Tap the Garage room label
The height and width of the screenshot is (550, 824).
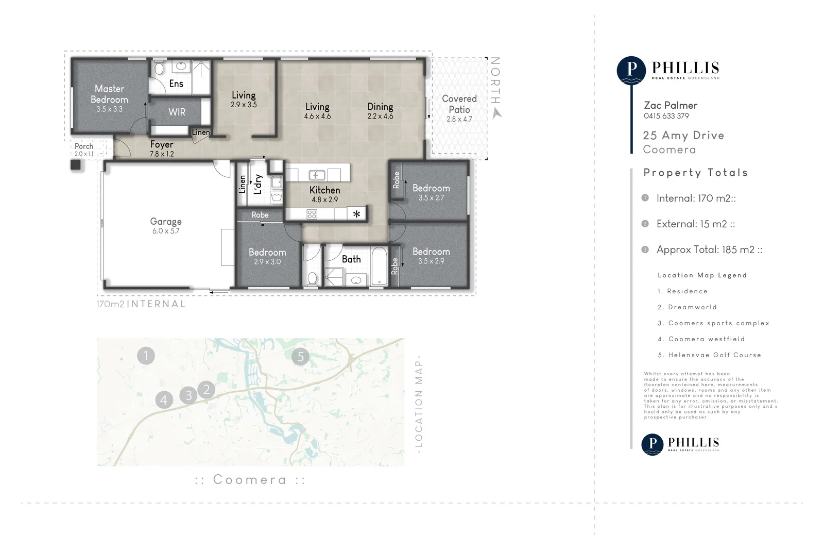(x=166, y=222)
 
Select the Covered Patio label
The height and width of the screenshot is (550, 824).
(x=459, y=104)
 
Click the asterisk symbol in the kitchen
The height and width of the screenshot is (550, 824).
(x=356, y=214)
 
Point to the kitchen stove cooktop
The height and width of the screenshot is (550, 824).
(x=312, y=214)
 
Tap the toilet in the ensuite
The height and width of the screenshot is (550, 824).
(x=159, y=68)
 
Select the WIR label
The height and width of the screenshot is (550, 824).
(x=177, y=112)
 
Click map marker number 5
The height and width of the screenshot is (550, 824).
(x=301, y=356)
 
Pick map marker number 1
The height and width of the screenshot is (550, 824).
(x=146, y=355)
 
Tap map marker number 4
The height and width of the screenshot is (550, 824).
(x=164, y=399)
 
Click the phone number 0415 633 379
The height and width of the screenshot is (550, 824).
(x=666, y=116)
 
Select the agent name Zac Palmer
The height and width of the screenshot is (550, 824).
(x=670, y=105)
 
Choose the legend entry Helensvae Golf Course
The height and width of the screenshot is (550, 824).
(x=709, y=355)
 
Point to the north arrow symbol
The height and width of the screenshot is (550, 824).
(x=496, y=113)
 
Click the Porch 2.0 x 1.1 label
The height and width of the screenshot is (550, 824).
(x=84, y=149)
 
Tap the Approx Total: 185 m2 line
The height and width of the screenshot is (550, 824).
(x=709, y=250)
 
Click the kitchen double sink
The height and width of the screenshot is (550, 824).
(x=317, y=175)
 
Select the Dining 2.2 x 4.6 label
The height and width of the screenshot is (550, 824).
(x=380, y=110)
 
